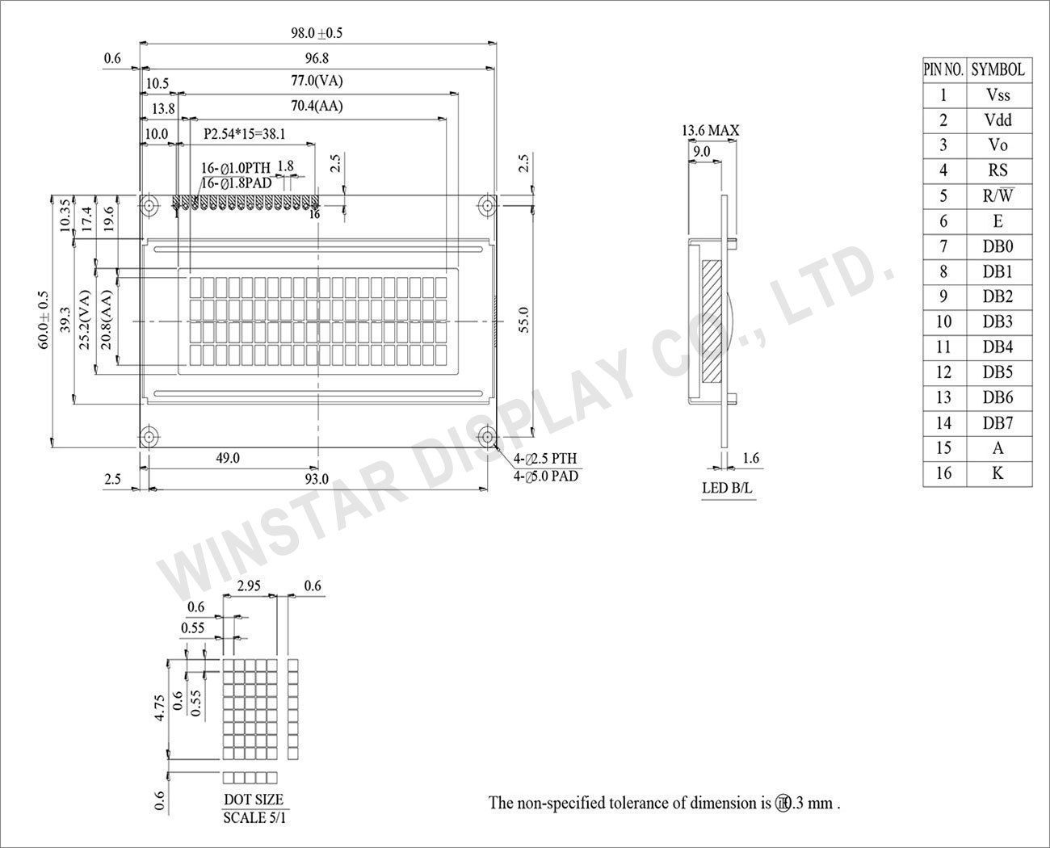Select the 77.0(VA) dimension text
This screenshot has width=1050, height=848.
tap(317, 81)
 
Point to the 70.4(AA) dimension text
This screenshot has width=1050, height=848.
tap(317, 106)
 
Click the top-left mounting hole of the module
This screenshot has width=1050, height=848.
tap(149, 205)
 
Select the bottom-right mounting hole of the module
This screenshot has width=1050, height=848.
tap(487, 437)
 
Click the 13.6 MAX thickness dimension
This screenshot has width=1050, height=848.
tap(710, 130)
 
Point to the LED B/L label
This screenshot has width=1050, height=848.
tap(728, 488)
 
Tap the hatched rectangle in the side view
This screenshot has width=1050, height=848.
tap(712, 321)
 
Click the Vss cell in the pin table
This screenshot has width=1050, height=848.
tap(998, 94)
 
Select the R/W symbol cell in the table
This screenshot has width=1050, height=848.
tap(998, 195)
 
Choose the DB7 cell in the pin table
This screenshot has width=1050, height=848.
tap(998, 422)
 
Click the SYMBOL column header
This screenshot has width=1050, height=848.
tap(998, 69)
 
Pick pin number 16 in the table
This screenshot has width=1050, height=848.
tap(943, 473)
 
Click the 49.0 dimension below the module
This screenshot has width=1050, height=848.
tap(227, 458)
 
